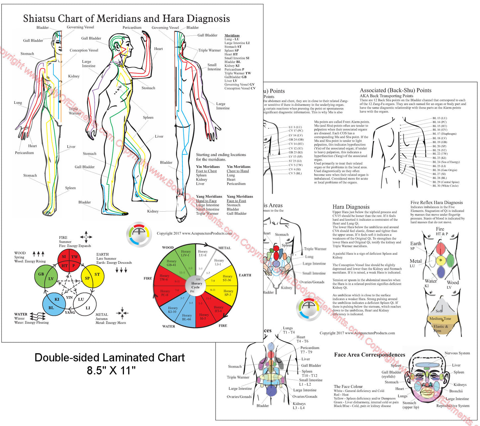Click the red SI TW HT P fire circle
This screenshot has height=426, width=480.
coord(69,261)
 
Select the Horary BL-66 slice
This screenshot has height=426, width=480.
coord(187,317)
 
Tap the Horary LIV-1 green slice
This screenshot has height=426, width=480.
coord(185,253)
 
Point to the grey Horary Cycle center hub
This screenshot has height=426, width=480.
coord(196,285)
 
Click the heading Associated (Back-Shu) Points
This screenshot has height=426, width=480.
coord(395,90)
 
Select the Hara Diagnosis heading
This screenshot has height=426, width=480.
coord(351,207)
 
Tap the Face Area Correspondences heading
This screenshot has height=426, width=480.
coord(369,355)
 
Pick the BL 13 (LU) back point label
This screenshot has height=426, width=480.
coord(439,118)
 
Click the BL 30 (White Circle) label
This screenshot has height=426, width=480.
coord(445,186)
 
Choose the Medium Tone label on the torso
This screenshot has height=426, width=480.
coord(440,319)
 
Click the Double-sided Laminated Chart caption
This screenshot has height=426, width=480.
coord(110,358)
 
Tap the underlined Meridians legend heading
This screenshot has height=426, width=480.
coord(232,35)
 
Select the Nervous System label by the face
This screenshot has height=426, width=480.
coord(457,353)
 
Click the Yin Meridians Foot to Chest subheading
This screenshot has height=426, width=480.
coord(206,171)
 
